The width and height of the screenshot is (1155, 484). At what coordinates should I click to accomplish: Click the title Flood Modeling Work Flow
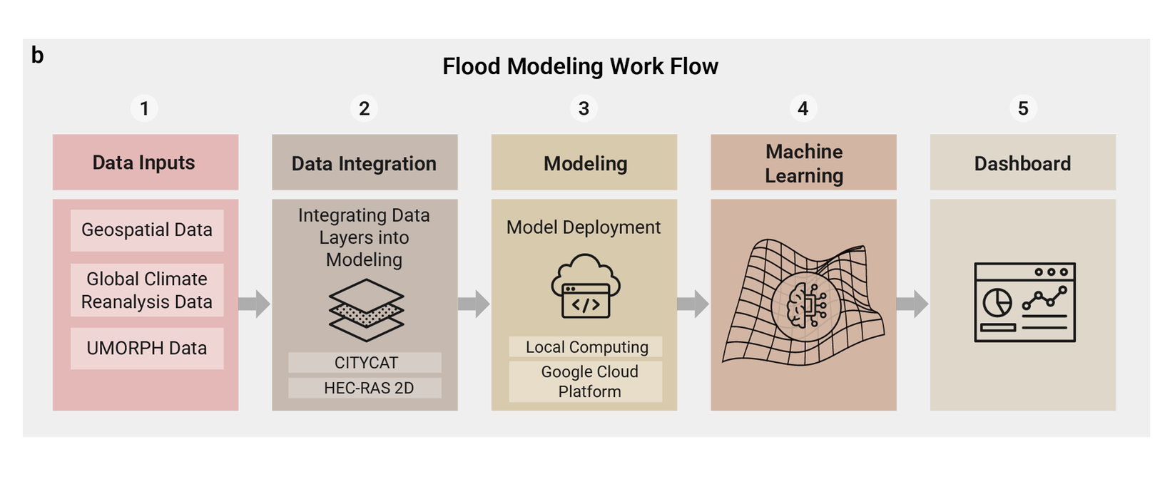pos(580,66)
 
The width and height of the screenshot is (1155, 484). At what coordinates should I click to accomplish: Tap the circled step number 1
pos(144,108)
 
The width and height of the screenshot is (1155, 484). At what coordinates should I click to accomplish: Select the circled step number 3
pos(584,108)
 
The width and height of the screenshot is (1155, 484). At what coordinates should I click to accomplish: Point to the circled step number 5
pos(1023,108)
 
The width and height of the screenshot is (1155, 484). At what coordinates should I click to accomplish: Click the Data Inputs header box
pos(146,163)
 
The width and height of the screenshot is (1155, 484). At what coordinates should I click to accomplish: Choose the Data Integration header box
pos(365,163)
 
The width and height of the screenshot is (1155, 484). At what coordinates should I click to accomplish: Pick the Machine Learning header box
pos(803,163)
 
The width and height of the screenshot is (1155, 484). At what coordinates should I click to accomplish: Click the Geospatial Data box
pos(147,230)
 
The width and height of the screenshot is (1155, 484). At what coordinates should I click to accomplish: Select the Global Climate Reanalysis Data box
pos(147,290)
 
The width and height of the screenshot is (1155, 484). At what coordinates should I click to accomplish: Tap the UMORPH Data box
pos(147,348)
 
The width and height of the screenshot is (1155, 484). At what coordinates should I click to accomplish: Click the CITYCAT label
pos(365,363)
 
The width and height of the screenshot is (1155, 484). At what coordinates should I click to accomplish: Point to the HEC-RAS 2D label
pos(365,388)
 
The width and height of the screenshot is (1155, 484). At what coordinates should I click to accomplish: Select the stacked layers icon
pos(366,310)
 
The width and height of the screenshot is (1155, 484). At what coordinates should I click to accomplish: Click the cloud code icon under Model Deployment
pos(586,287)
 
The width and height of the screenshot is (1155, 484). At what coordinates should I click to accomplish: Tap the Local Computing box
pos(586,347)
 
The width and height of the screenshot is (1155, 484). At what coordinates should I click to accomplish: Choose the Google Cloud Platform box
pos(586,381)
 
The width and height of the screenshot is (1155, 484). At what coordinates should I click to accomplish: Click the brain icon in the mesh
pos(805,306)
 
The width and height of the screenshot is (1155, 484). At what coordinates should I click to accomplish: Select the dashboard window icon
pos(1024,302)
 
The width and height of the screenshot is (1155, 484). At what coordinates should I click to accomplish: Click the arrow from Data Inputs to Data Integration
pos(254,304)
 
